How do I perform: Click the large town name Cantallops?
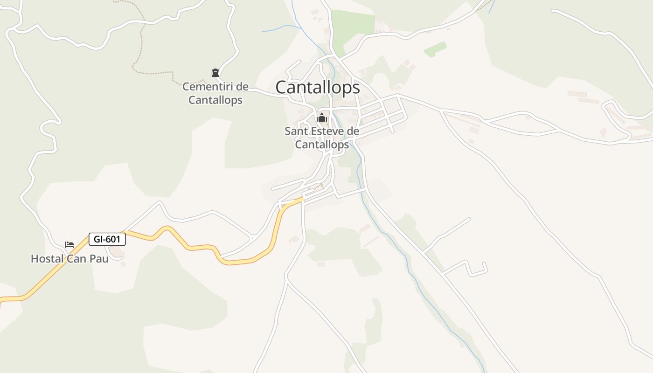(x=318, y=87)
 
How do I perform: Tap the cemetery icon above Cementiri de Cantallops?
(x=215, y=72)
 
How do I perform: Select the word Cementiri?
(x=209, y=87)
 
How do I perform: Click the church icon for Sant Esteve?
(x=322, y=117)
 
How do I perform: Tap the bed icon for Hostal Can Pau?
(x=69, y=245)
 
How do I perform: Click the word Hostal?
(x=47, y=259)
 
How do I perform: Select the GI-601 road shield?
(x=107, y=239)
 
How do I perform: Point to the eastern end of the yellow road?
(x=302, y=199)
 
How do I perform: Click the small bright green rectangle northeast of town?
(x=435, y=49)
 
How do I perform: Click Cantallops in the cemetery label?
(x=215, y=100)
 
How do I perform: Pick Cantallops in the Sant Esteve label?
(x=322, y=145)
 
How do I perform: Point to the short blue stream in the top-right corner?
(x=492, y=7)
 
